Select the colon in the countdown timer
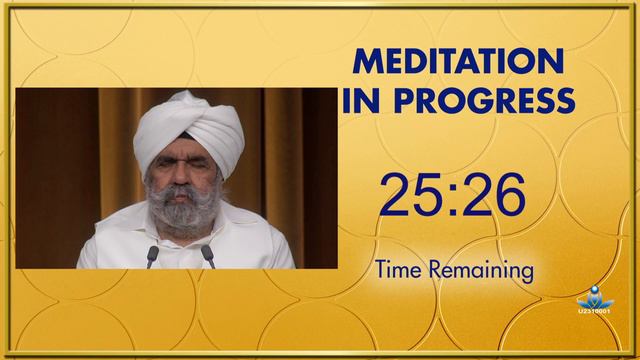click(452, 196)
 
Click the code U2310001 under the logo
click(596, 313)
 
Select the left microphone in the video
click(152, 254)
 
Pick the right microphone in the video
click(208, 254)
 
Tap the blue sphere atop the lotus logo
click(596, 291)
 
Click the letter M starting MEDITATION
click(367, 63)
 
